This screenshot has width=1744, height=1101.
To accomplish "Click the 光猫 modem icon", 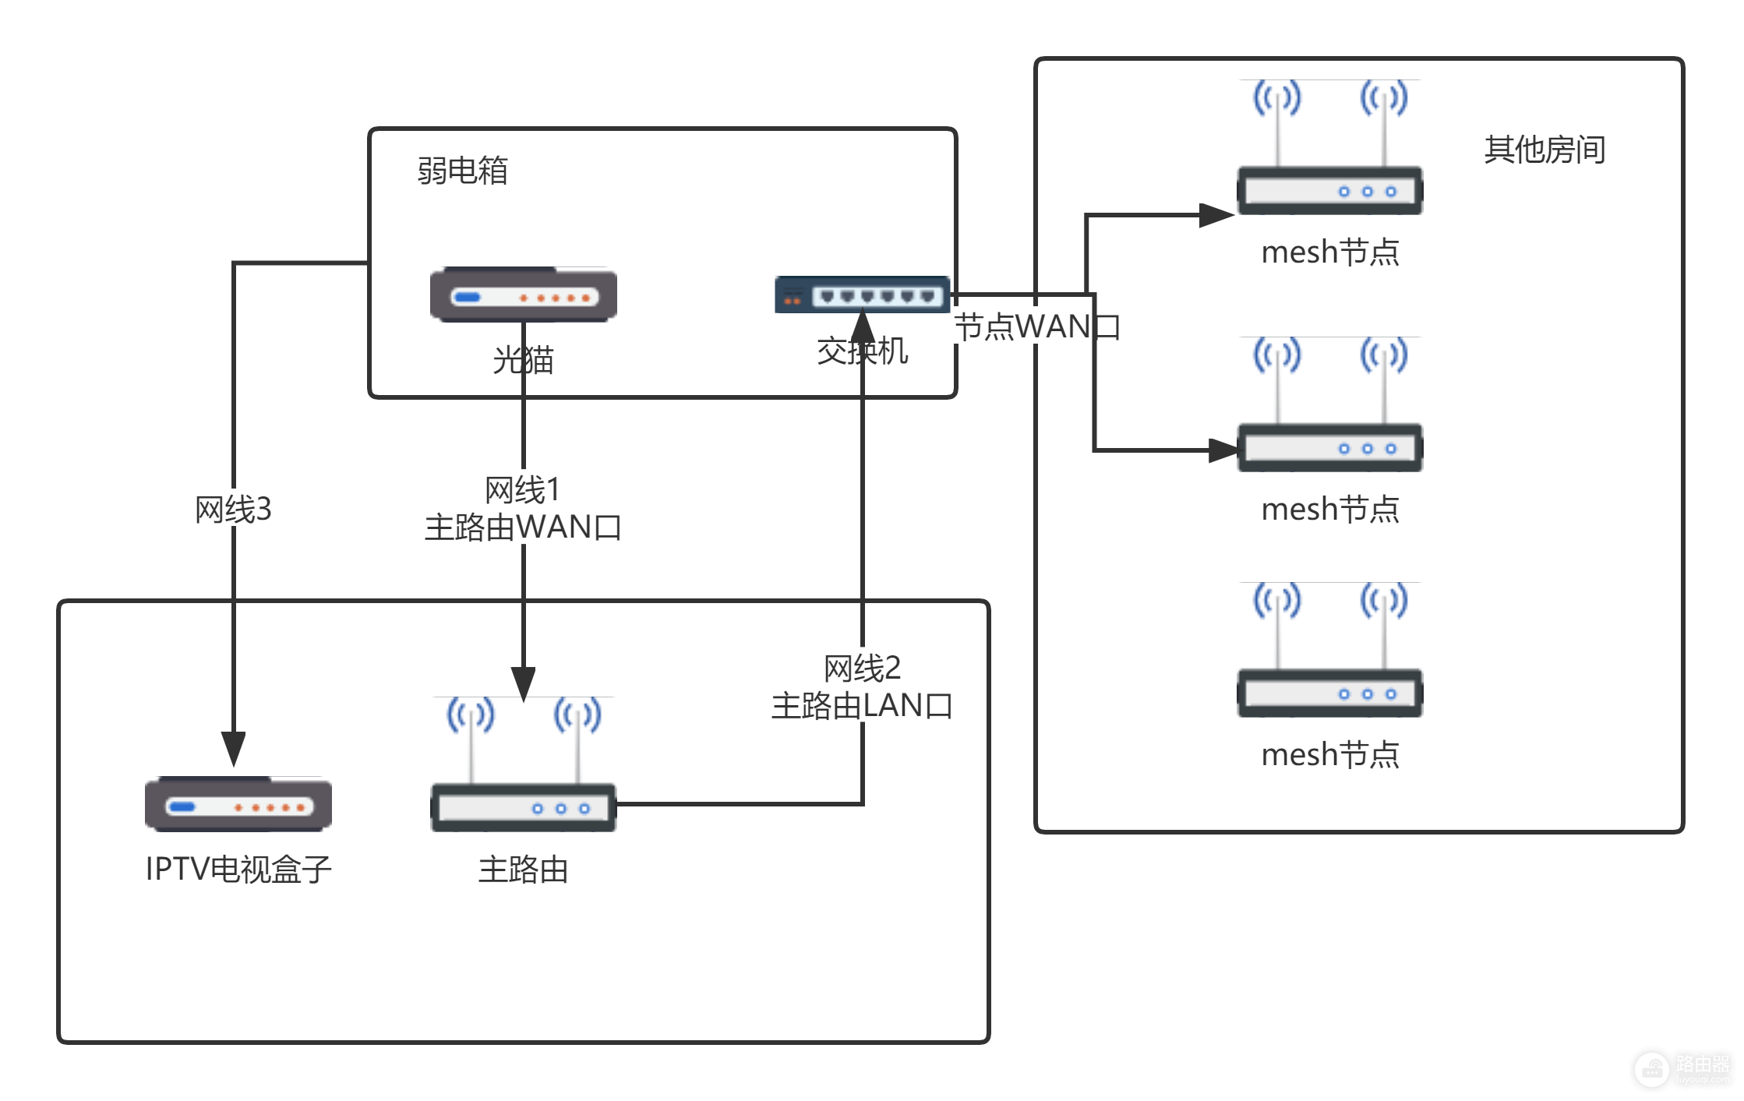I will (x=523, y=295).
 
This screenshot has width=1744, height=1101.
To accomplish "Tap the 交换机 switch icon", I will (x=862, y=295).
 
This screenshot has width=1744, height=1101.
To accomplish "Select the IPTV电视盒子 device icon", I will (x=238, y=804).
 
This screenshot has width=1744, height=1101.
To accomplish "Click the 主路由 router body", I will (x=523, y=807).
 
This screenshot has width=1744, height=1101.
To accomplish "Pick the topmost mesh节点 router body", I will (x=1329, y=190).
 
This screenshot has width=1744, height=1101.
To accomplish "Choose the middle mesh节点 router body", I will (x=1329, y=447).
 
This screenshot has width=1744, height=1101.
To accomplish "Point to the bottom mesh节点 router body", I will (x=1329, y=693).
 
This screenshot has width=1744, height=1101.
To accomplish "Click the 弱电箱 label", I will (x=462, y=170).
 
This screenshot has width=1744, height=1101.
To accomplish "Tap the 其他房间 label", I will (x=1544, y=149).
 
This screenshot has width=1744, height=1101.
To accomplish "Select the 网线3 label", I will (x=233, y=510).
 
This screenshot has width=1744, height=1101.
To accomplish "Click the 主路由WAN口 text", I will (x=523, y=528).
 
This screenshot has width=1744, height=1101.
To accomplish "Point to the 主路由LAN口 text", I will (x=862, y=706).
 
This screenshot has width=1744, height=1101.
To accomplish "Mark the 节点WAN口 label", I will (x=1036, y=326).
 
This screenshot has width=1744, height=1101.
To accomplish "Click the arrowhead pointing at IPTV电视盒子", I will (x=233, y=749).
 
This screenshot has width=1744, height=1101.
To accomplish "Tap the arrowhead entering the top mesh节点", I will (x=1216, y=215).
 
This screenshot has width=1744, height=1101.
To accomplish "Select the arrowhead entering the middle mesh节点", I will (x=1223, y=450).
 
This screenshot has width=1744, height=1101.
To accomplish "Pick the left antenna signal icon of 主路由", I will (x=471, y=715).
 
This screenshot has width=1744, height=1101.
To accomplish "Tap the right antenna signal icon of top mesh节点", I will (x=1383, y=98).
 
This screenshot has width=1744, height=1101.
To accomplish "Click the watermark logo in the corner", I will (x=1652, y=1069).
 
